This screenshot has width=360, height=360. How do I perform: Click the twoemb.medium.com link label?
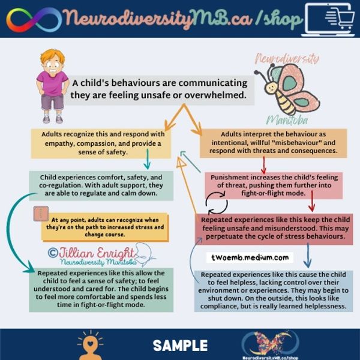250,257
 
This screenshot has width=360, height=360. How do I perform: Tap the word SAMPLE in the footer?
180,345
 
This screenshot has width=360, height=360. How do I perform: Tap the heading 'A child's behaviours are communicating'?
159,82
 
